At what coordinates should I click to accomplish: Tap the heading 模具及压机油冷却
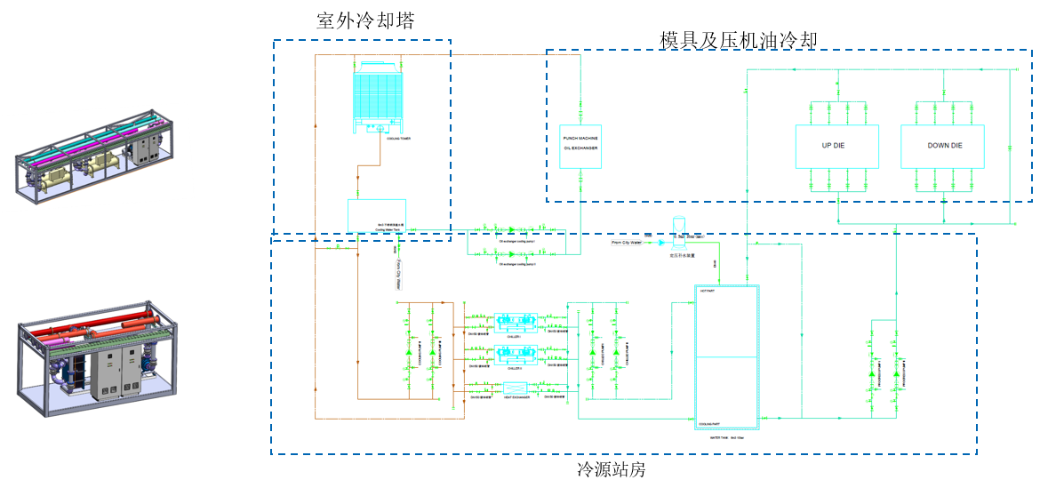tap(738, 39)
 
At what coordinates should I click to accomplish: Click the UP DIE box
tap(836, 147)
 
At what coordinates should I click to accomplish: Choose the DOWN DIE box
tap(943, 147)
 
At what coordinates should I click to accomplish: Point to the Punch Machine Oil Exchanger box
tap(580, 147)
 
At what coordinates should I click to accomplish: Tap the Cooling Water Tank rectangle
tap(377, 216)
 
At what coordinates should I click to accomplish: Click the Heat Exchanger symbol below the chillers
tap(515, 388)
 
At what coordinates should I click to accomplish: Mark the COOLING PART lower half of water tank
tap(727, 391)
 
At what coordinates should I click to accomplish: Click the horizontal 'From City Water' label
tap(627, 241)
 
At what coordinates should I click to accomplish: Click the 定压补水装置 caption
tap(682, 255)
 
